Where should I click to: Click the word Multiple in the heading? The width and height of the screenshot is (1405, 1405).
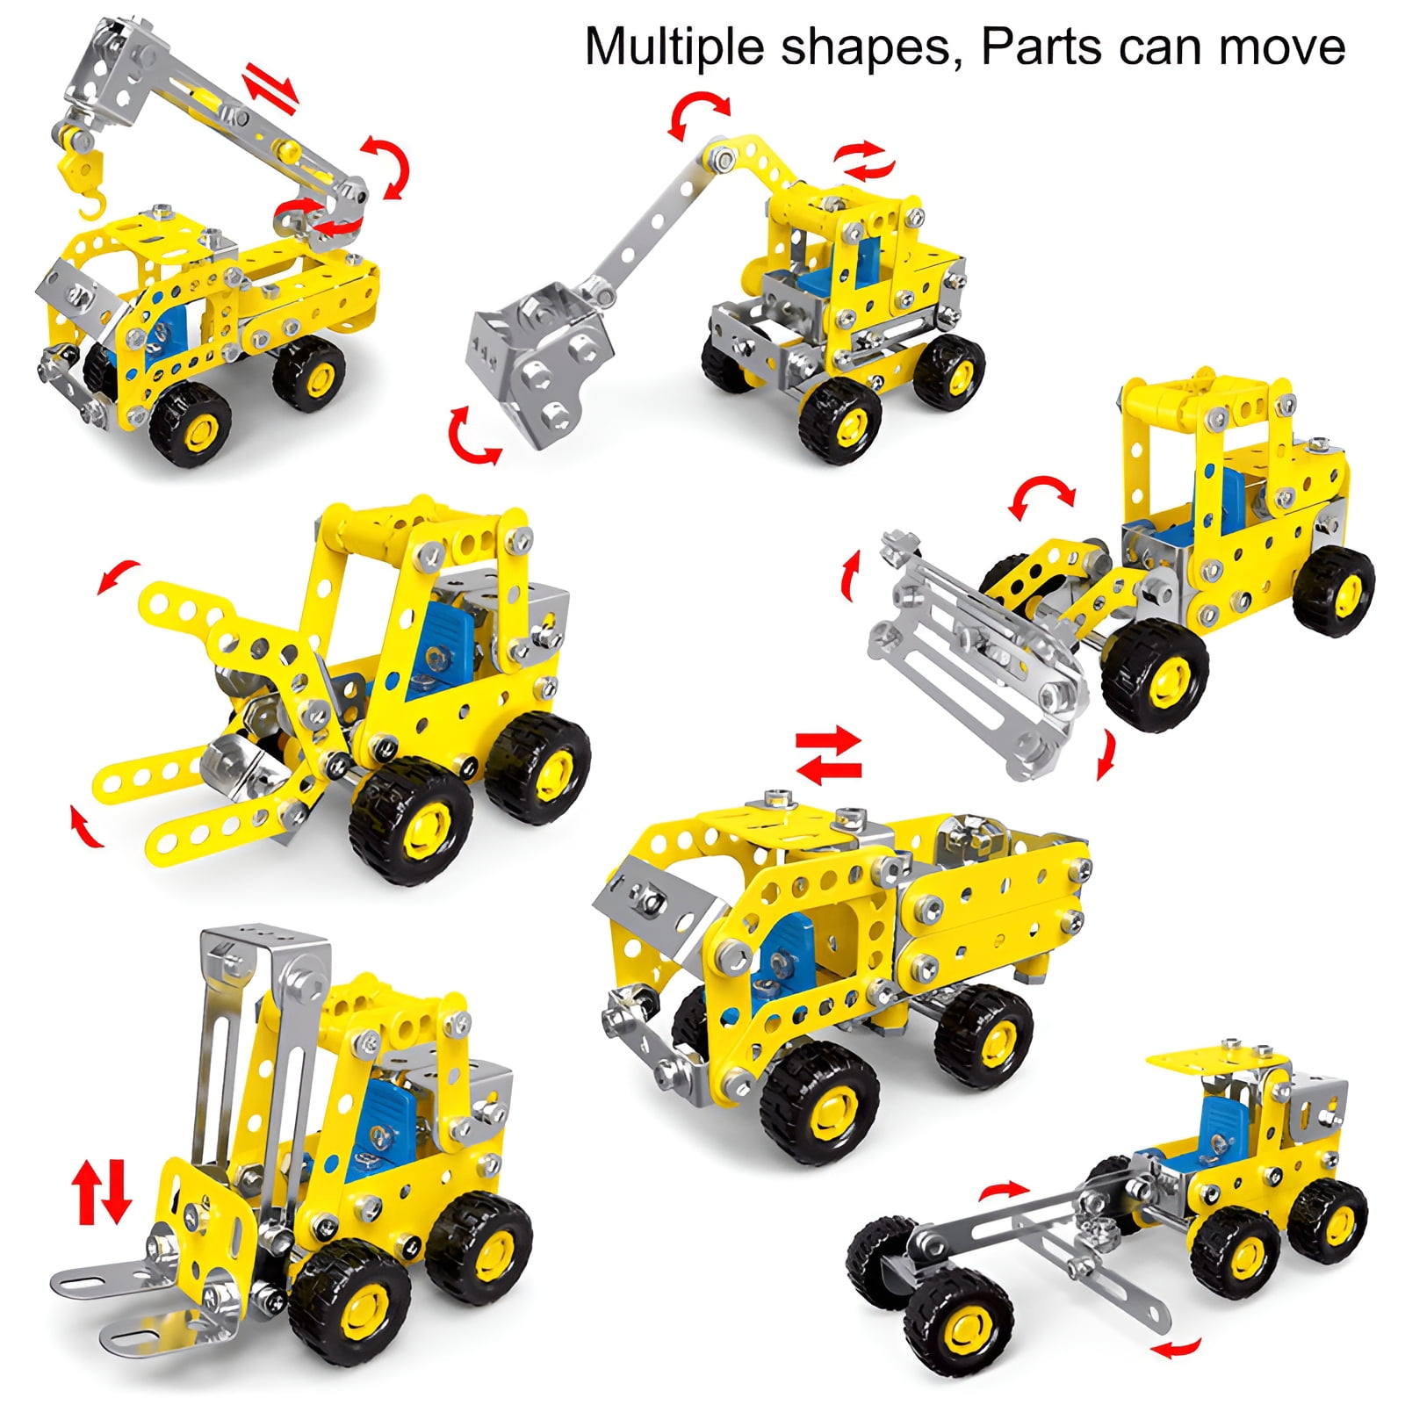(x=676, y=48)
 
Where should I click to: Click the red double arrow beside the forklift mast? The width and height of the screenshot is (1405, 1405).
(x=101, y=1192)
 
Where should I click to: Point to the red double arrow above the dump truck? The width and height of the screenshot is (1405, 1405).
(x=828, y=754)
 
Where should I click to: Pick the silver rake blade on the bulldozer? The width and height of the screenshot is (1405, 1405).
(x=975, y=659)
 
